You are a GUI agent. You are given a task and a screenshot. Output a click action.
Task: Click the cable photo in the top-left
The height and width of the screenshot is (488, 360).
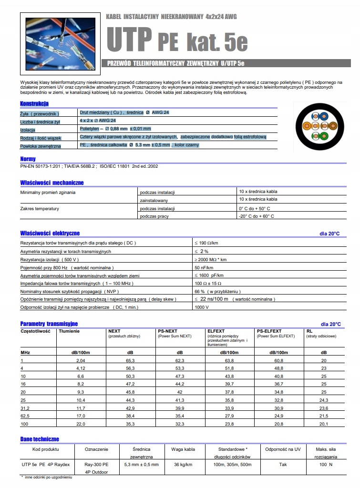(x=59, y=44)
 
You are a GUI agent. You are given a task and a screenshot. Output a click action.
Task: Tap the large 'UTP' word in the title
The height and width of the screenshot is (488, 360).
(x=128, y=39)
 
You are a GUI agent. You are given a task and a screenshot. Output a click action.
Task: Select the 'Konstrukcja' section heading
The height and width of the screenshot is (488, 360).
(x=34, y=103)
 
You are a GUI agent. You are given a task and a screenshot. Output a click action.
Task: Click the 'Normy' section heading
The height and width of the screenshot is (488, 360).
(x=28, y=159)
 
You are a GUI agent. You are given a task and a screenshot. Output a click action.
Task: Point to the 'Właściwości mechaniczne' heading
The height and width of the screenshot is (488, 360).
(x=51, y=183)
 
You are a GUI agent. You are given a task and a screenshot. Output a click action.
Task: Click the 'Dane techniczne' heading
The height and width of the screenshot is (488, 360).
(x=40, y=438)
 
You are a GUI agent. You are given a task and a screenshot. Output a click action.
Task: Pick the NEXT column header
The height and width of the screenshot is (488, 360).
(x=114, y=331)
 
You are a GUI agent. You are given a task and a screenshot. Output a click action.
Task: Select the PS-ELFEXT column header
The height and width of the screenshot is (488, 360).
(x=269, y=331)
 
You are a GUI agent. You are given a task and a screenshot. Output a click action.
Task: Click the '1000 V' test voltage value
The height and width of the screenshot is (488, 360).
(x=201, y=307)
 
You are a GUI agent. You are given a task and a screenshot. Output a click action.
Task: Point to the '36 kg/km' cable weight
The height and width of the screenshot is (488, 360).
(x=183, y=464)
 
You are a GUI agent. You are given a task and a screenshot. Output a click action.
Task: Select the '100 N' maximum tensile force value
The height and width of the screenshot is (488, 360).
(x=326, y=464)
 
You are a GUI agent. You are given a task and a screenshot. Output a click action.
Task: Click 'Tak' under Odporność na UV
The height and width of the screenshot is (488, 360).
(x=283, y=464)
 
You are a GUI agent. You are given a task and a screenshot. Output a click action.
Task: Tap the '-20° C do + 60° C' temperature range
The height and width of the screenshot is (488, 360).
(x=257, y=216)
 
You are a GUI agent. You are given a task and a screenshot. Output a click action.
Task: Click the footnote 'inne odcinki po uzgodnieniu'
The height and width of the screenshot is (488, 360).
(x=48, y=477)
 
